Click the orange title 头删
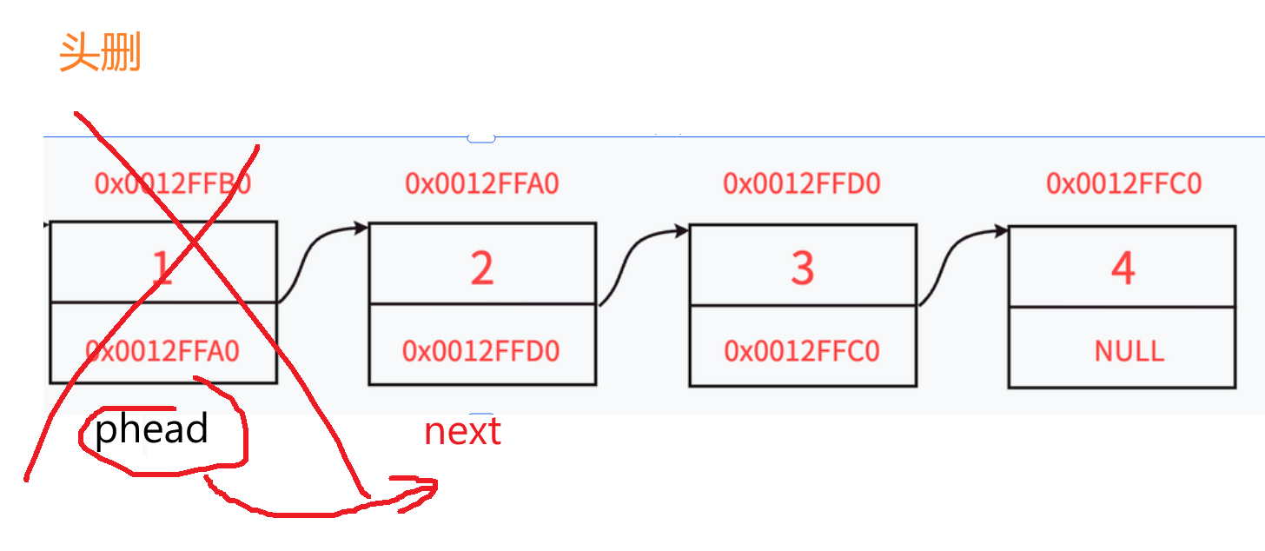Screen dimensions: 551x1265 pyautogui.click(x=100, y=54)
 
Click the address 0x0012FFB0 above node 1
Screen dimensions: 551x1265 pyautogui.click(x=172, y=184)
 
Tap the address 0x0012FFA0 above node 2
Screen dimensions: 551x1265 pyautogui.click(x=481, y=184)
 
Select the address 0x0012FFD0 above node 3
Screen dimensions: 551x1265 pyautogui.click(x=801, y=184)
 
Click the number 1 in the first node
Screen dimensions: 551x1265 pyautogui.click(x=162, y=269)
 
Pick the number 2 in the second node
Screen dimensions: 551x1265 pyautogui.click(x=482, y=269)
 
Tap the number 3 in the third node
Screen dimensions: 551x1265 pyautogui.click(x=802, y=269)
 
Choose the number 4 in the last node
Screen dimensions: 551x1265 pyautogui.click(x=1123, y=269)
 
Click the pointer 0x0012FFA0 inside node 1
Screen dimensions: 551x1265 pyautogui.click(x=162, y=351)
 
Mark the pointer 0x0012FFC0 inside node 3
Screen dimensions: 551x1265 pyautogui.click(x=801, y=351)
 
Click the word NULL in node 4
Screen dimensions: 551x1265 pyautogui.click(x=1129, y=351)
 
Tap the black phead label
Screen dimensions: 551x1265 pyautogui.click(x=151, y=429)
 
